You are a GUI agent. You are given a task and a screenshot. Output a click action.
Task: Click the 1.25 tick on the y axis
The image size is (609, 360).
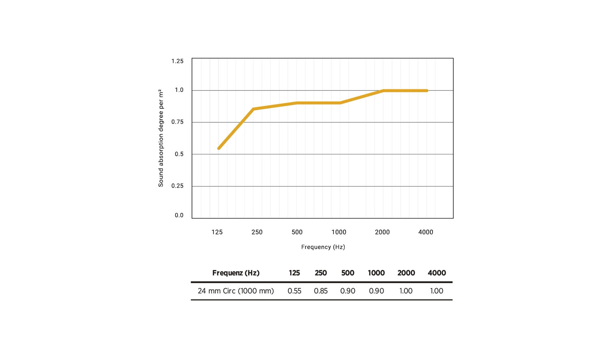pyautogui.click(x=177, y=61)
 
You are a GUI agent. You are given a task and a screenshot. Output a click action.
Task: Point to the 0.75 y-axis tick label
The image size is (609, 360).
pyautogui.click(x=177, y=122)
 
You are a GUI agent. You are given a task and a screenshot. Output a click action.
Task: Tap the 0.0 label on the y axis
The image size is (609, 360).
pyautogui.click(x=179, y=215)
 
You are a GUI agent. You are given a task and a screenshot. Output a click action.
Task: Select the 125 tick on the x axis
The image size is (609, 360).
pyautogui.click(x=217, y=232)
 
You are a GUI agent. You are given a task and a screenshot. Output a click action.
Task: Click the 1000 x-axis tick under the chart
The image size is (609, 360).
pyautogui.click(x=339, y=232)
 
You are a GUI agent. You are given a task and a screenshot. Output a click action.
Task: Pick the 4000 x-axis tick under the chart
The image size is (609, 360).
pyautogui.click(x=425, y=232)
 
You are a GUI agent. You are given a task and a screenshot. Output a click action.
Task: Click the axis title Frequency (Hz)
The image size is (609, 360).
pyautogui.click(x=323, y=247)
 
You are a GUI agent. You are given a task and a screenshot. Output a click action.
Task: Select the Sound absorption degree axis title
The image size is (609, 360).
pyautogui.click(x=161, y=138)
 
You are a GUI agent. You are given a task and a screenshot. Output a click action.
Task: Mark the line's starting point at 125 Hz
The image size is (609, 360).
pyautogui.click(x=219, y=148)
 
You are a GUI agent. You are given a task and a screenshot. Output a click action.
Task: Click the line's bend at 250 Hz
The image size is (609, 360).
pyautogui.click(x=253, y=109)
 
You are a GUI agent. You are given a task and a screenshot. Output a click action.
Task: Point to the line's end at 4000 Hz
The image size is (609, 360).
pyautogui.click(x=427, y=91)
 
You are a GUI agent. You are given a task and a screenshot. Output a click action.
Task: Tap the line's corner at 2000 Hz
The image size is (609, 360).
pyautogui.click(x=383, y=91)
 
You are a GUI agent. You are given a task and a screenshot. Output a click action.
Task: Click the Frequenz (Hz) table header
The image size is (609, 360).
pyautogui.click(x=236, y=273)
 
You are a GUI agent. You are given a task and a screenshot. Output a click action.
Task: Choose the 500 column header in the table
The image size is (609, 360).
pyautogui.click(x=348, y=273)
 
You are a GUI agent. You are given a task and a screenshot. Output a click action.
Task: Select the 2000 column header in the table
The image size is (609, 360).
pyautogui.click(x=406, y=273)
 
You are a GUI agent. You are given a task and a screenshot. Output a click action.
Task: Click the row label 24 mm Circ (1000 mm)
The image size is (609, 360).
pyautogui.click(x=236, y=291)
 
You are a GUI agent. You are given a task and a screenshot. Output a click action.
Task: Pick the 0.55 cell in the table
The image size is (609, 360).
pyautogui.click(x=294, y=291)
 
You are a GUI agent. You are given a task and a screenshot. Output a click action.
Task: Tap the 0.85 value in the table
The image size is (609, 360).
pyautogui.click(x=321, y=291)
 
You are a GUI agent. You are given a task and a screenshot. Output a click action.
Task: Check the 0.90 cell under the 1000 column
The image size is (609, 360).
pyautogui.click(x=376, y=291)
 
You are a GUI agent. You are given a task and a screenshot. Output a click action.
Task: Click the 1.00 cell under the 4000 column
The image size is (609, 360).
pyautogui.click(x=436, y=291)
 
